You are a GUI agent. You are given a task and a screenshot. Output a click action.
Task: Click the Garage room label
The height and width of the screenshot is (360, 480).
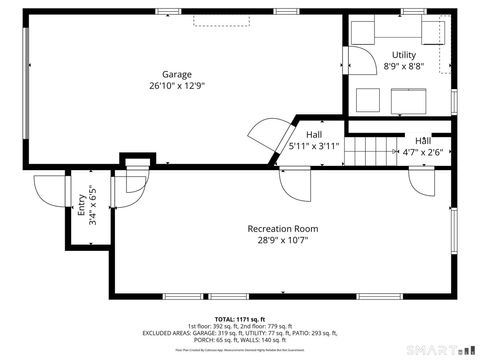tap(177, 74)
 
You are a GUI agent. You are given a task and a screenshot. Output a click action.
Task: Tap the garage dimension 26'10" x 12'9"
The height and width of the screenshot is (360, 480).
tap(177, 86)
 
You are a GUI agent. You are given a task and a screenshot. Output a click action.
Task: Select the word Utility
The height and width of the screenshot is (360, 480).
tap(403, 55)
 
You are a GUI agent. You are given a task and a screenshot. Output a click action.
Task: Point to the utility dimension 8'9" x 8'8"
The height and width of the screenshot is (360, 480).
tap(403, 67)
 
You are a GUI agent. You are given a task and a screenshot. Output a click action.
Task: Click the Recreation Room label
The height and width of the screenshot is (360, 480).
tap(289, 229)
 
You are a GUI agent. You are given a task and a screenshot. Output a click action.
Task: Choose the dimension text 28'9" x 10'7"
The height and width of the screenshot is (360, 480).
tap(289, 241)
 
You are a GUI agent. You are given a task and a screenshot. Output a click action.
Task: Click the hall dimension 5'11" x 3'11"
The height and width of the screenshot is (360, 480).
tap(315, 146)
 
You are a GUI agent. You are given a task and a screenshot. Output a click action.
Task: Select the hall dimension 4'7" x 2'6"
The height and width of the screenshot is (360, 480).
tap(423, 153)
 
